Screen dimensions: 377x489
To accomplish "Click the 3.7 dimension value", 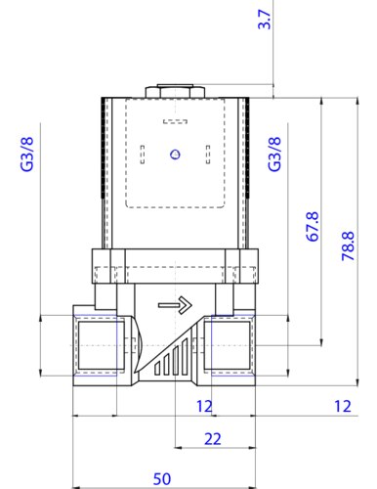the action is tap(265, 20).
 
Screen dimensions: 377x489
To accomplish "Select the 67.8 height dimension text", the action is tap(313, 227).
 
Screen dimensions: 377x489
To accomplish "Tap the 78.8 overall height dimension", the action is tap(348, 246).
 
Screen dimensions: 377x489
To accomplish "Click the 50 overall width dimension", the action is tap(162, 479).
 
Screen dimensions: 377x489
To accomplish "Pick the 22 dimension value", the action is tap(213, 439).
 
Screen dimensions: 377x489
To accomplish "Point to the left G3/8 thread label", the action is tap(27, 154).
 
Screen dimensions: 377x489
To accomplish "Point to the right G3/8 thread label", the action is tap(274, 154).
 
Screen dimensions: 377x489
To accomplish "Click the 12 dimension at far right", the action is tap(343, 407).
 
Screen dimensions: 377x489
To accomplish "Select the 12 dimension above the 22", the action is tap(204, 407).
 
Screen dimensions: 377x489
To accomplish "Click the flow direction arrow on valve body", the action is tap(175, 305).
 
